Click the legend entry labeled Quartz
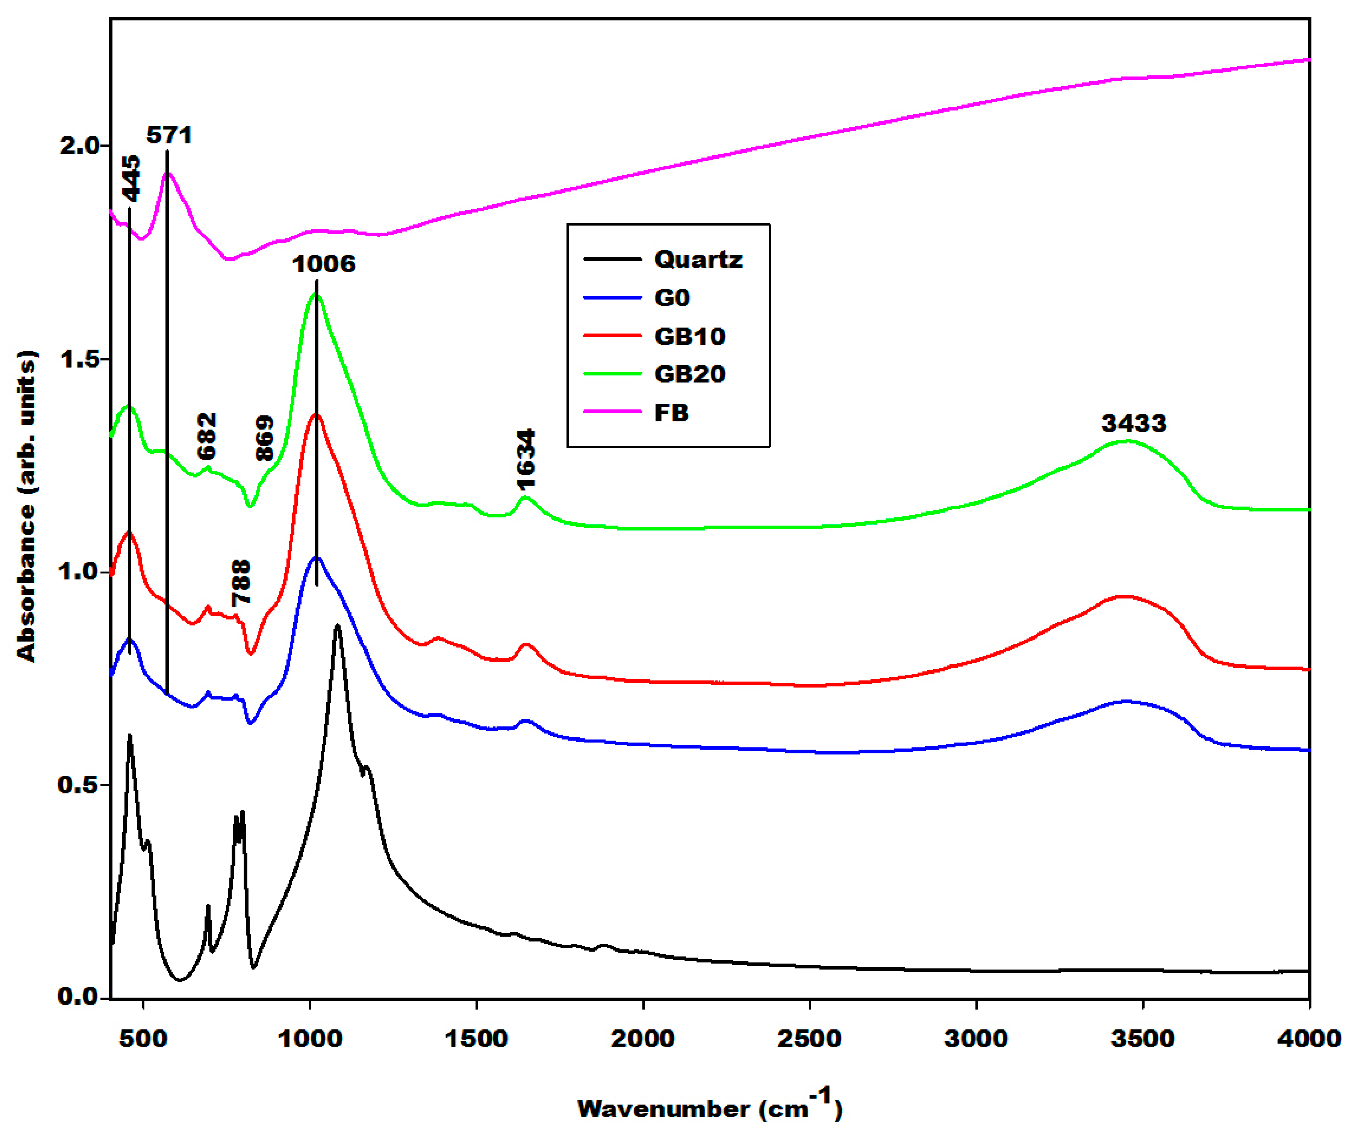(x=697, y=260)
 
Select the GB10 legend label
(x=689, y=336)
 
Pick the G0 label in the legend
(x=672, y=298)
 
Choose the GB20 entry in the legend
(x=689, y=374)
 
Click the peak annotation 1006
(x=324, y=264)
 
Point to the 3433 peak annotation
(x=1134, y=423)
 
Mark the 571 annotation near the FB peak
(x=169, y=135)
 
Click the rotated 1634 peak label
(x=526, y=458)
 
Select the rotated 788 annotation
(x=240, y=582)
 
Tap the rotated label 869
(x=264, y=438)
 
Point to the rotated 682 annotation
(x=207, y=436)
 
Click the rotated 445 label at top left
(x=130, y=178)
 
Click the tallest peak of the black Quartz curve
(x=337, y=626)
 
